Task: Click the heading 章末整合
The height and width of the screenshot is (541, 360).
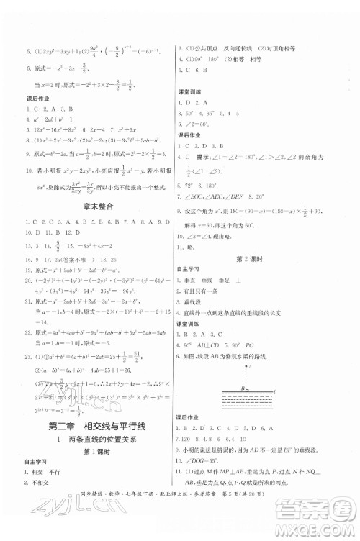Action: pos(94,206)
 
